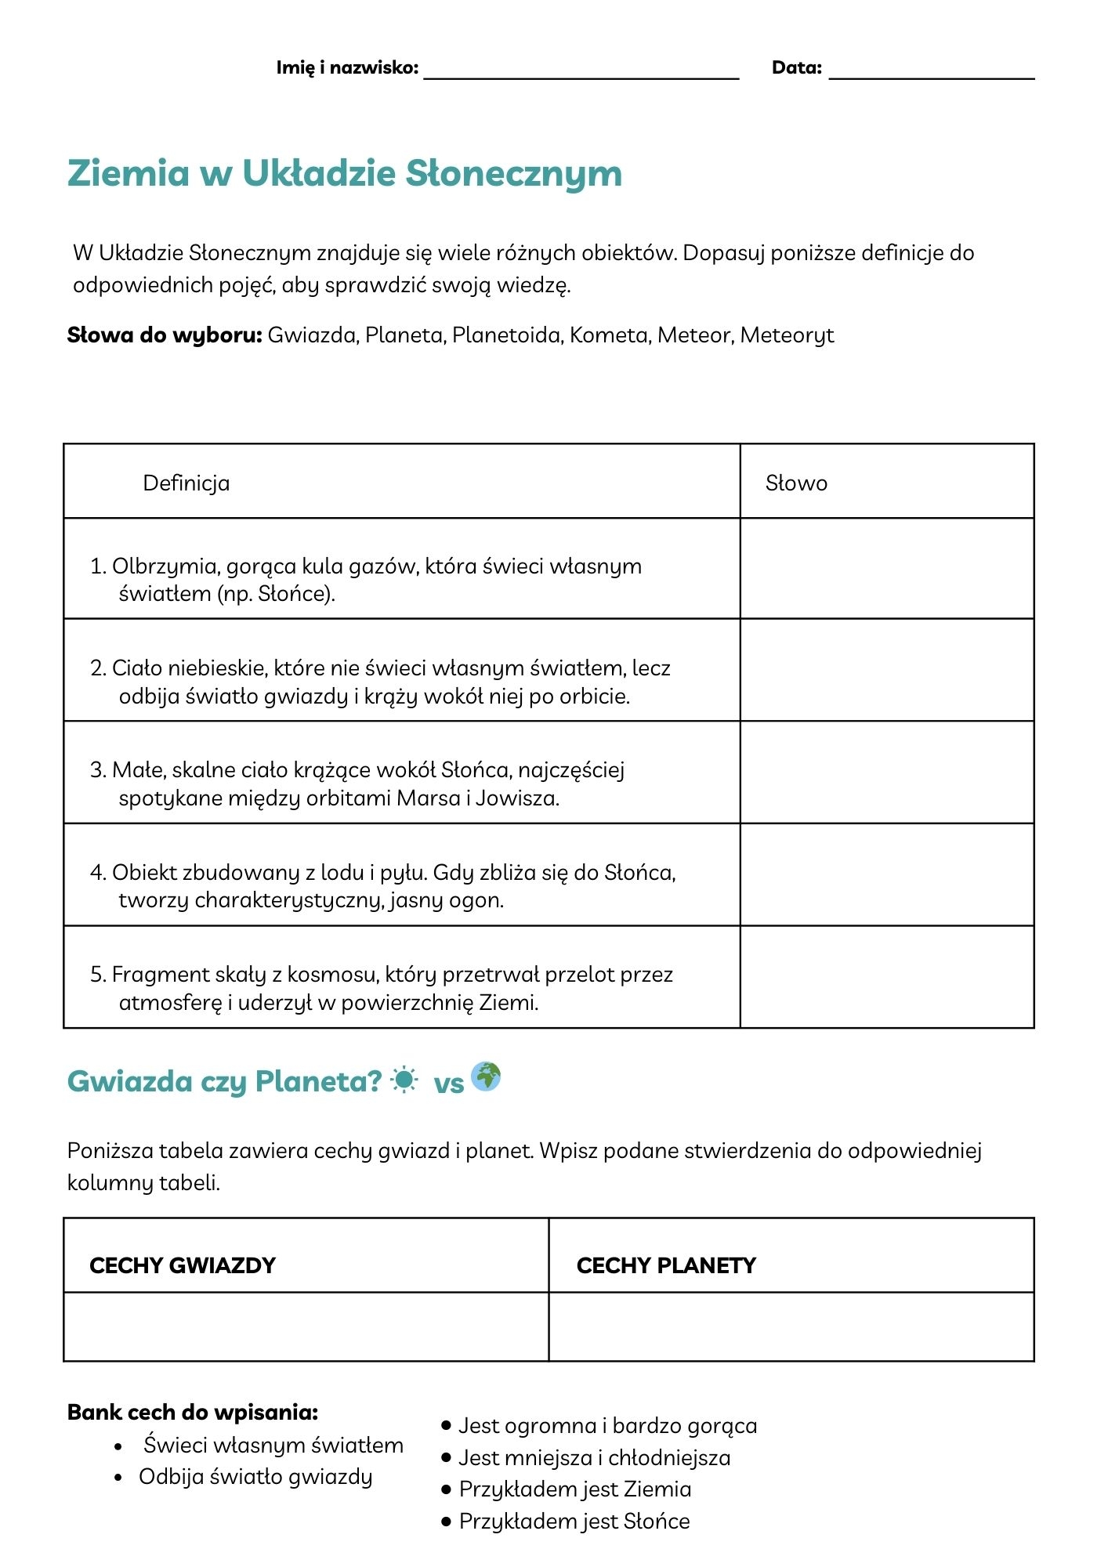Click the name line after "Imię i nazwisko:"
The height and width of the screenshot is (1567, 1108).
click(x=581, y=72)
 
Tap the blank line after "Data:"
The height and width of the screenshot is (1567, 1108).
click(x=931, y=72)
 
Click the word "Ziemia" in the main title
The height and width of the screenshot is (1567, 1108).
click(x=129, y=173)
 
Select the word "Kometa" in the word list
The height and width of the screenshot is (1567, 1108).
click(x=609, y=335)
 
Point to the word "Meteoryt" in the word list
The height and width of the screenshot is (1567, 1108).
click(x=787, y=335)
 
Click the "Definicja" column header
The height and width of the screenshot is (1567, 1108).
click(x=186, y=483)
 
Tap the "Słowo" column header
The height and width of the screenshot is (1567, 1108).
click(x=796, y=483)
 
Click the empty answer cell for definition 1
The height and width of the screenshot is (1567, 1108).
click(x=886, y=568)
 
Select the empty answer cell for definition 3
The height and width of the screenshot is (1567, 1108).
click(x=886, y=772)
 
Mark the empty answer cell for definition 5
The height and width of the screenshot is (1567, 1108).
click(x=886, y=976)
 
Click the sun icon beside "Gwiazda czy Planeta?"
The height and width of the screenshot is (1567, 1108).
click(x=404, y=1080)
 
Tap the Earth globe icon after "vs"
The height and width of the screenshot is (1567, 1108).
click(x=486, y=1077)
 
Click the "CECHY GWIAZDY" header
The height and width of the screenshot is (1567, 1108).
click(x=183, y=1265)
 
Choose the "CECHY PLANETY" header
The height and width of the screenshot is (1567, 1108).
click(x=666, y=1265)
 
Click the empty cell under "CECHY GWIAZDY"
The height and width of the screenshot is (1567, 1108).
click(x=306, y=1326)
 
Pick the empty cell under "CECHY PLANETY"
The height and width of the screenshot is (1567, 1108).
click(x=791, y=1326)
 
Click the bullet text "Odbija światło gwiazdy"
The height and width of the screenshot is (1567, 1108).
click(x=255, y=1477)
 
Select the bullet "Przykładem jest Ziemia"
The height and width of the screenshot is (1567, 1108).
click(x=575, y=1489)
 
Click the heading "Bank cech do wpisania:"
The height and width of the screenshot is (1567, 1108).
click(x=193, y=1412)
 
